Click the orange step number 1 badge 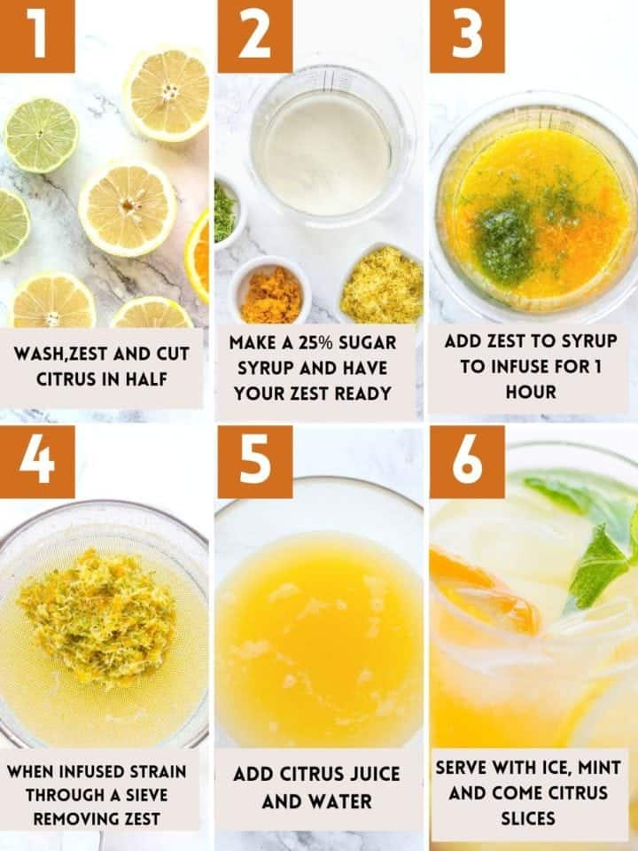(37, 35)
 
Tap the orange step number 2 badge (255, 35)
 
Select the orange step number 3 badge (467, 35)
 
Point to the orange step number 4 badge (37, 462)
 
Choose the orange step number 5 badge (255, 462)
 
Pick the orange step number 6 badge (467, 462)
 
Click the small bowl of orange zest (270, 291)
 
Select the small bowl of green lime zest (226, 211)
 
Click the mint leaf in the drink (596, 565)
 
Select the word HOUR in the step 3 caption (531, 392)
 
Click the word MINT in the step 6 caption (599, 768)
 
